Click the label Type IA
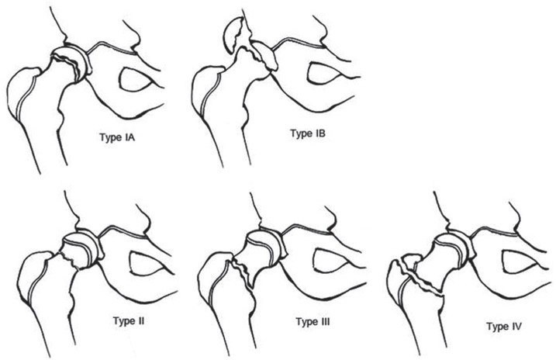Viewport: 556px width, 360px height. tap(117, 137)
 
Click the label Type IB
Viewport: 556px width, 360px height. tap(308, 133)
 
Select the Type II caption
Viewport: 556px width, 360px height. tap(129, 321)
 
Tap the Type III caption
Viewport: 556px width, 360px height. tap(313, 322)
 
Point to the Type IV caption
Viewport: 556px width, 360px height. tap(504, 327)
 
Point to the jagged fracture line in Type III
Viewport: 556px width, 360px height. tap(245, 273)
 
